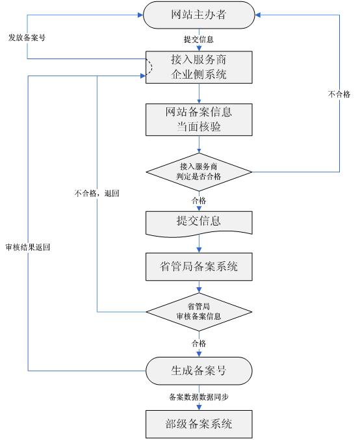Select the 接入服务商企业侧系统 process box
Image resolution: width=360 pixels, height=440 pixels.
[198, 66]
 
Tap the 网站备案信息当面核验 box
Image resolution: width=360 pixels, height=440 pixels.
[198, 118]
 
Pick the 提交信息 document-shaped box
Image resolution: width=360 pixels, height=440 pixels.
[198, 221]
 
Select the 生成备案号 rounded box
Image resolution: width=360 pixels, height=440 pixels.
[198, 370]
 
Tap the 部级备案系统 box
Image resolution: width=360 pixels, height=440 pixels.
[198, 424]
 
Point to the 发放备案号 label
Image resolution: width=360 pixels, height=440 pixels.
[27, 38]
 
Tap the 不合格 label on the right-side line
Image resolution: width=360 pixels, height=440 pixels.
[339, 94]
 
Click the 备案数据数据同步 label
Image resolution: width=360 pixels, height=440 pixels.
[198, 396]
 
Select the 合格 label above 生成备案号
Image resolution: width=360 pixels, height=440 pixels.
[198, 342]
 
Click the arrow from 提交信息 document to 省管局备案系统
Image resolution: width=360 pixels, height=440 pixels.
[198, 243]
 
